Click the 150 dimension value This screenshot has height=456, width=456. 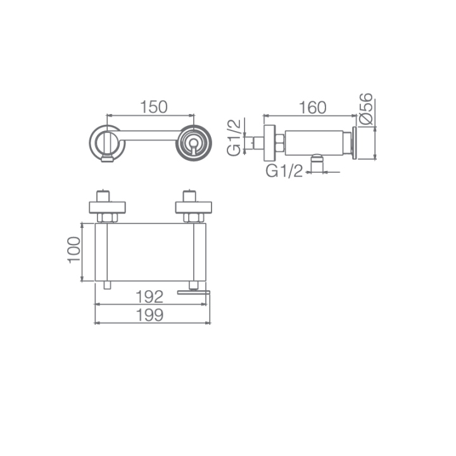click(154, 107)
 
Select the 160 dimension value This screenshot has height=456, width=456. click(313, 108)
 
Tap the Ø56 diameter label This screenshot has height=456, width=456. click(366, 109)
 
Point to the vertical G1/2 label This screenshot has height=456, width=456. click(234, 137)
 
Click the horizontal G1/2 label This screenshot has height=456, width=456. click(284, 171)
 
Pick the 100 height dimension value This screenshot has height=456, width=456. click(74, 250)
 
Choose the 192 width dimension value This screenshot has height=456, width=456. click(149, 296)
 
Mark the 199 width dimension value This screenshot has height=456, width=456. click(149, 315)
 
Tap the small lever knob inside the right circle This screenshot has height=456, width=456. click(193, 144)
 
